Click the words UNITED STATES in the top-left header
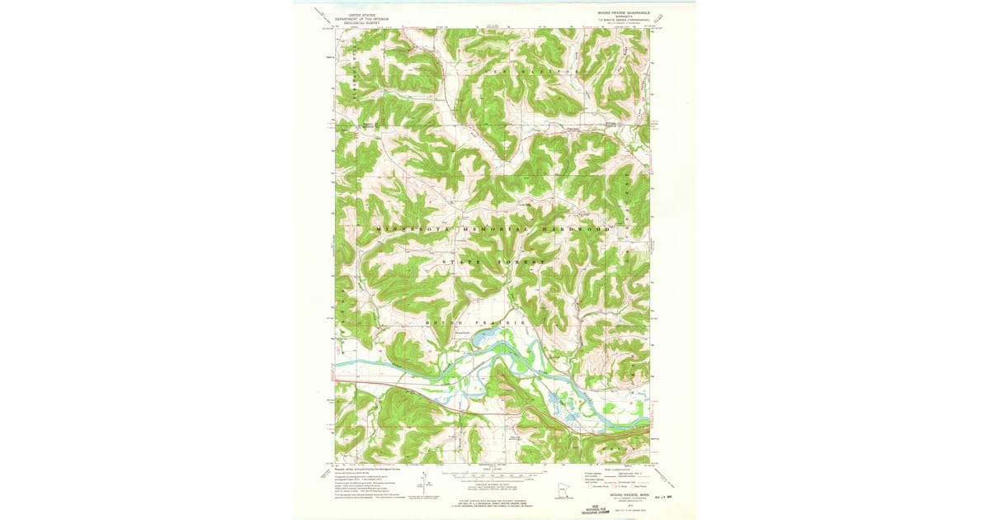click(361, 14)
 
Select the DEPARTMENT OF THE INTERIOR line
click(361, 18)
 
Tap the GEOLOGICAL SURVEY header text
click(361, 22)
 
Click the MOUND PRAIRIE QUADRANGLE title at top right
click(624, 14)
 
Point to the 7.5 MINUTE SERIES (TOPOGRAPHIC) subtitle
click(624, 21)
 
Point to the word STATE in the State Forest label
click(461, 262)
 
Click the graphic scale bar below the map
click(493, 475)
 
